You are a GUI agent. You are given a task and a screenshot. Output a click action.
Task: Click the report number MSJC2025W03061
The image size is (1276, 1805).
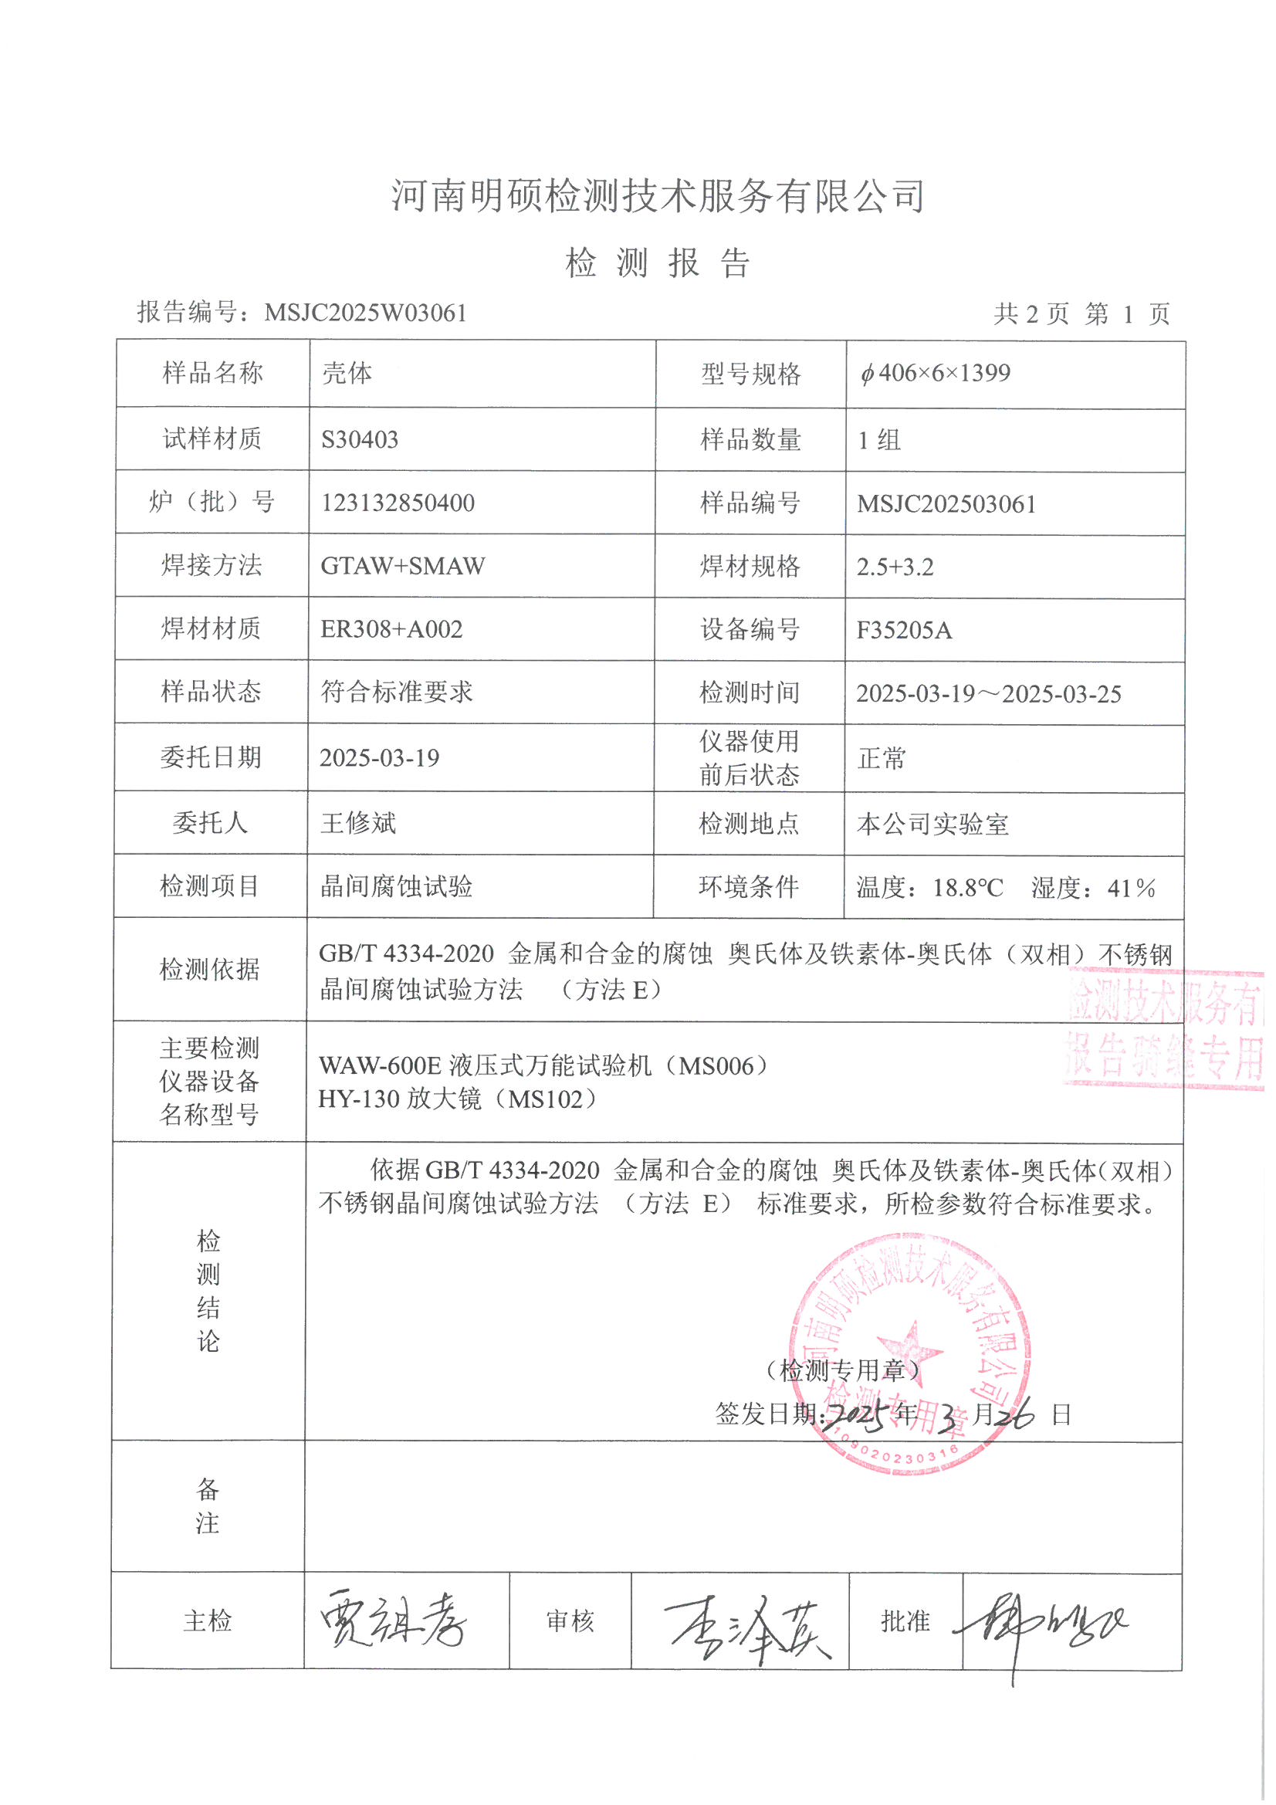(366, 313)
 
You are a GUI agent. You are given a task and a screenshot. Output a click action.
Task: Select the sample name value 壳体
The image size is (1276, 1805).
(347, 374)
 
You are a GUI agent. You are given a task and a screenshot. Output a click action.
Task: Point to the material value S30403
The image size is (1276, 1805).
(359, 439)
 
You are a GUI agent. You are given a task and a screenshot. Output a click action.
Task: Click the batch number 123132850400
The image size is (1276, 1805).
(397, 503)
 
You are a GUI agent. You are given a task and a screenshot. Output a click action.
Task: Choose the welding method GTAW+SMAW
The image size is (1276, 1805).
(402, 566)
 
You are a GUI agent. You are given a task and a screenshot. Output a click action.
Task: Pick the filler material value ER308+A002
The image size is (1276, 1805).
(391, 630)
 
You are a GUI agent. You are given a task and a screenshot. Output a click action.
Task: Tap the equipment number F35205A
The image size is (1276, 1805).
(904, 631)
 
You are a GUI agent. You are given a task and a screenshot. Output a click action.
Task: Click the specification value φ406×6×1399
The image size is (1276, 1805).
(935, 374)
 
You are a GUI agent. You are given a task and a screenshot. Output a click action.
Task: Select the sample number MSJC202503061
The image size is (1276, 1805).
(946, 504)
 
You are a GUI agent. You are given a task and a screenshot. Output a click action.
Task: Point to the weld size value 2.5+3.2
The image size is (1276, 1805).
(895, 567)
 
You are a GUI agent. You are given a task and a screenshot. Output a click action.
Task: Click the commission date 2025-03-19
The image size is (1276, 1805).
(379, 758)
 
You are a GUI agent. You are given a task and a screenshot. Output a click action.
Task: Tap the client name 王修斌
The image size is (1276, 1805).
(358, 823)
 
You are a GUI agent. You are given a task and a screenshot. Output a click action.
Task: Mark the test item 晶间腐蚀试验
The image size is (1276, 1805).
(396, 887)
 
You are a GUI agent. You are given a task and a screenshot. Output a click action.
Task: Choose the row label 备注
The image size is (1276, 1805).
(208, 1505)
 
